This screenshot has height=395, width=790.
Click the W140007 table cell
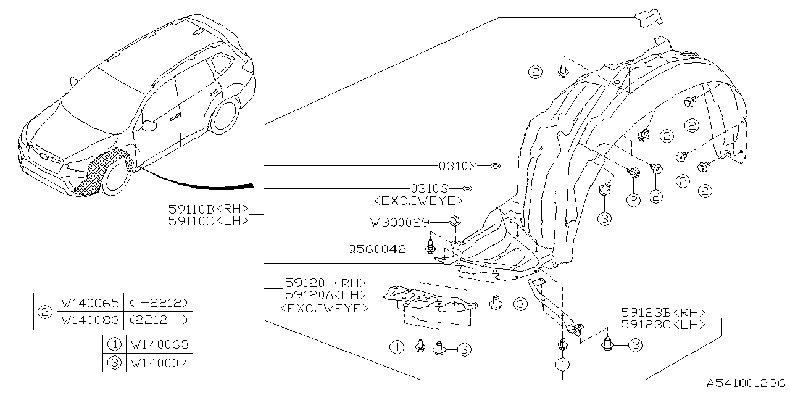point(157,363)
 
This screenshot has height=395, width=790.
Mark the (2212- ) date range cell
point(158,320)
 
